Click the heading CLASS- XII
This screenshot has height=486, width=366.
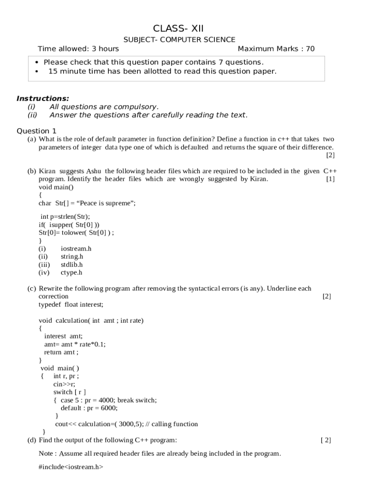click(179, 28)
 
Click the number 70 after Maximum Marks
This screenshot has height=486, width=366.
click(310, 49)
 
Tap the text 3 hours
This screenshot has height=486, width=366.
click(106, 49)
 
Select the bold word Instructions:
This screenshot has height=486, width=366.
click(43, 99)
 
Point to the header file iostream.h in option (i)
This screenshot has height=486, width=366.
click(76, 248)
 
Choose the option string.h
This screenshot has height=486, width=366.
click(72, 256)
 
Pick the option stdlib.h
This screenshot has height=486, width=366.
click(72, 264)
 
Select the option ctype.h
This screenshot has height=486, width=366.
click(71, 272)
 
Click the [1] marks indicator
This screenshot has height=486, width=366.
click(330, 179)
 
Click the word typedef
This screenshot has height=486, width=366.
click(47, 304)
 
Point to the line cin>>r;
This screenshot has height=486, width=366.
click(64, 384)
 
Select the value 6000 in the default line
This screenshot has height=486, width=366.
click(108, 408)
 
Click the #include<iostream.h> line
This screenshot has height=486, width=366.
click(71, 467)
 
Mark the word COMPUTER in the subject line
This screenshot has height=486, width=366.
click(179, 39)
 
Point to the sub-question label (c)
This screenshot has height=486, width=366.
click(32, 288)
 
